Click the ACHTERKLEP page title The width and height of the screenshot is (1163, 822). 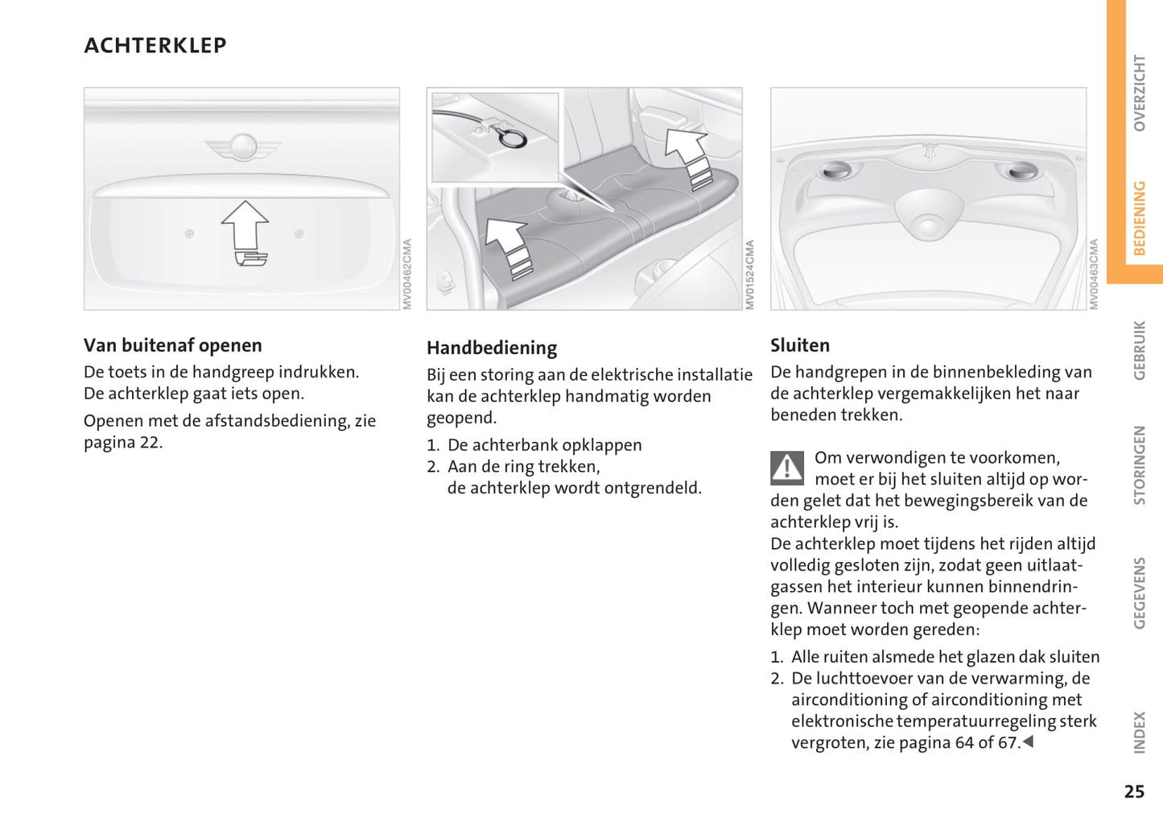[x=155, y=46]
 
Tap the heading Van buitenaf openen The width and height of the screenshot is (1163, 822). [x=172, y=345]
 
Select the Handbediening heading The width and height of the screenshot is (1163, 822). [x=491, y=348]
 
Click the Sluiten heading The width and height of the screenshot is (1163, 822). [x=799, y=345]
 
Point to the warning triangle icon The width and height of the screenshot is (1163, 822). [x=786, y=468]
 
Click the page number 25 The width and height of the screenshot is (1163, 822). [x=1134, y=791]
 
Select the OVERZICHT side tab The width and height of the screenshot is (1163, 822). [x=1139, y=93]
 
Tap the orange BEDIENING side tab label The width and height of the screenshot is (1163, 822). [x=1139, y=218]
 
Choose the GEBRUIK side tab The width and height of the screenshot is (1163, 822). [x=1139, y=350]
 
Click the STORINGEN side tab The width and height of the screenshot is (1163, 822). [x=1139, y=465]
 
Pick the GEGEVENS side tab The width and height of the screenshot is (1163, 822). [x=1139, y=593]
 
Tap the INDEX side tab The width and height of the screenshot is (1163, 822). [x=1139, y=732]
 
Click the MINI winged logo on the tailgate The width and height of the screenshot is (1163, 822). [x=242, y=147]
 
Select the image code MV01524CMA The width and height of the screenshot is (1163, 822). [x=750, y=275]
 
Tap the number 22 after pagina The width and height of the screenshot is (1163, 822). [x=150, y=442]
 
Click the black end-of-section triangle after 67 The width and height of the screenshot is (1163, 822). [x=1028, y=741]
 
